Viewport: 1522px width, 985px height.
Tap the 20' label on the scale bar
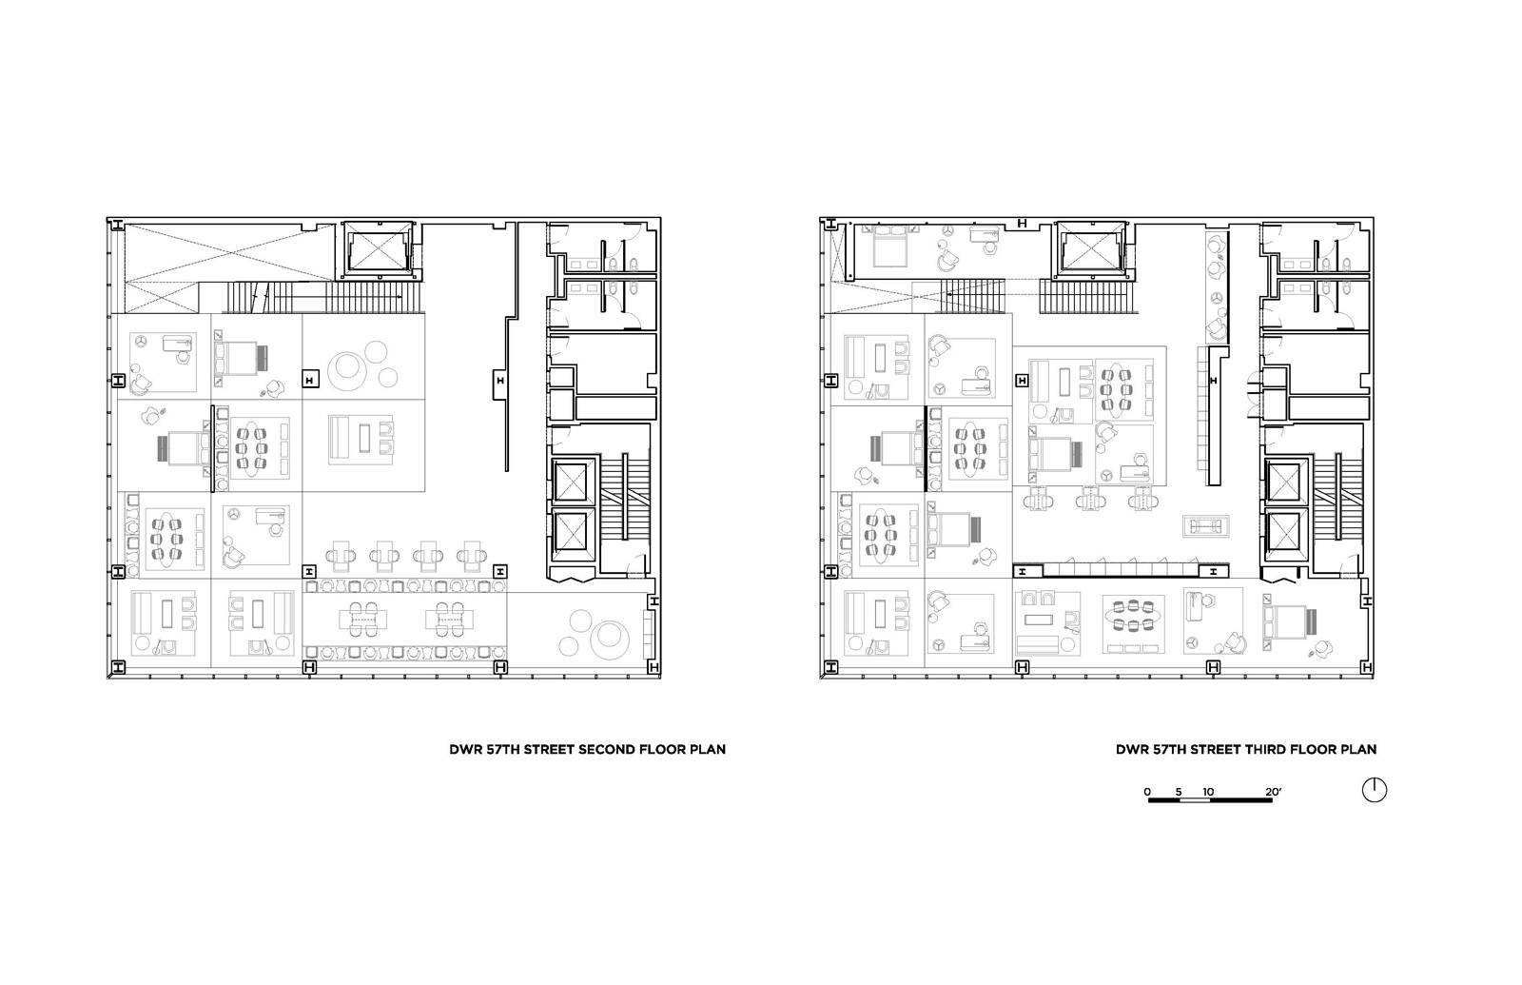pyautogui.click(x=1273, y=792)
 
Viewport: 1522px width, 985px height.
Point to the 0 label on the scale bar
pyautogui.click(x=1147, y=792)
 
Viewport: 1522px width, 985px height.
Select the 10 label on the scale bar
pyautogui.click(x=1207, y=792)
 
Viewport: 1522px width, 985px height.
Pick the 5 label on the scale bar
pyautogui.click(x=1179, y=792)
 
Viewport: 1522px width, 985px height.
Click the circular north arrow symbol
pyautogui.click(x=1374, y=790)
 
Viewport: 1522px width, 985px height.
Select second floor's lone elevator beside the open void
pyautogui.click(x=378, y=250)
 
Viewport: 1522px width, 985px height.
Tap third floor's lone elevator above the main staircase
pyautogui.click(x=1090, y=250)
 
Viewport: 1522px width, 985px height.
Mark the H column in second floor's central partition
pyautogui.click(x=500, y=381)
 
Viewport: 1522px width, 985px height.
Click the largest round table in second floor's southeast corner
pyautogui.click(x=608, y=639)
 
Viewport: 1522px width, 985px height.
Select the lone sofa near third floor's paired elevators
pyautogui.click(x=1206, y=526)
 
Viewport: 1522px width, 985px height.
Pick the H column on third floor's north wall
pyautogui.click(x=1022, y=223)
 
